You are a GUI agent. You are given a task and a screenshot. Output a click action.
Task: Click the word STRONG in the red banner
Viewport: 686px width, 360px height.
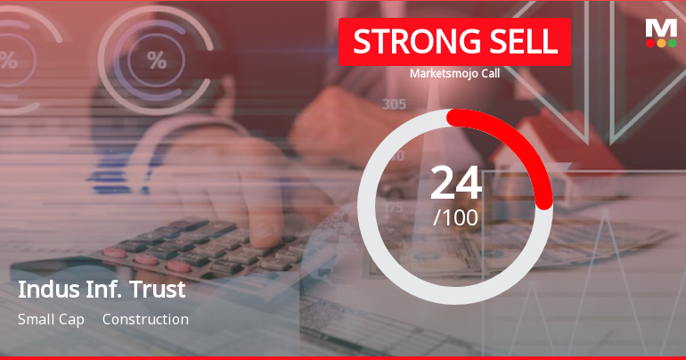click(x=407, y=42)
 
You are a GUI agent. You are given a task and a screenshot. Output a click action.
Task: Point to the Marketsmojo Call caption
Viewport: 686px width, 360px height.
click(x=454, y=74)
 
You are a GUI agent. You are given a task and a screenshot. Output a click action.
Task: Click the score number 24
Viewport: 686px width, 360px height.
click(x=456, y=184)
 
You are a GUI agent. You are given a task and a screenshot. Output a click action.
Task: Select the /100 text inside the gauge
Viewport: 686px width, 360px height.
click(x=456, y=217)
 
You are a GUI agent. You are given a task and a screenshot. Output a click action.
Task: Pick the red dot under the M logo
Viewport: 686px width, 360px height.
click(x=650, y=43)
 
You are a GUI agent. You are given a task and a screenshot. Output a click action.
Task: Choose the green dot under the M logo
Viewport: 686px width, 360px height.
click(x=672, y=43)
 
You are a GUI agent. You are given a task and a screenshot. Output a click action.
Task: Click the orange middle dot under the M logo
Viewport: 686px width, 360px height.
click(x=661, y=43)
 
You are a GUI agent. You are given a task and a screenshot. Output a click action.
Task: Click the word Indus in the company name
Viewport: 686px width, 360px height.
click(x=44, y=290)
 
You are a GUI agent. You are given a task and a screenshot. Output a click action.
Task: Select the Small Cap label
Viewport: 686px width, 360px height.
click(x=51, y=319)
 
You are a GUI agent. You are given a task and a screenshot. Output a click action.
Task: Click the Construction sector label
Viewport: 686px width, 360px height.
click(x=145, y=319)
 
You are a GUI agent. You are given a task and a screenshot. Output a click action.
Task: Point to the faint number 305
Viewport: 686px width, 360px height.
click(x=394, y=104)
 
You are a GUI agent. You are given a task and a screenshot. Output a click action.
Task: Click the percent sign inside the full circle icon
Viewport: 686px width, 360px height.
click(x=157, y=61)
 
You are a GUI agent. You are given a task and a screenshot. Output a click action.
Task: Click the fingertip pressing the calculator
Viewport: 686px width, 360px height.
click(x=265, y=233)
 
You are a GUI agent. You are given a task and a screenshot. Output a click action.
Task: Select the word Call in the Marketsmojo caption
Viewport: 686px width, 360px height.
click(x=486, y=74)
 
